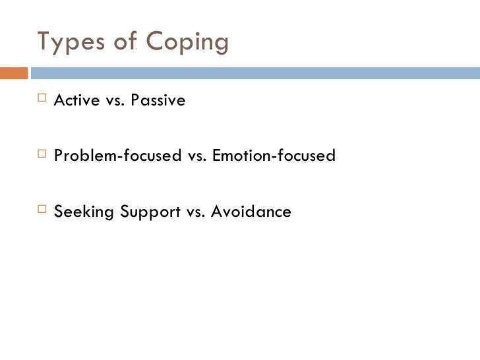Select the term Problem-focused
click(x=117, y=156)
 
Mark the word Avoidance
click(x=254, y=212)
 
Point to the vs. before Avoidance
click(x=196, y=212)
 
